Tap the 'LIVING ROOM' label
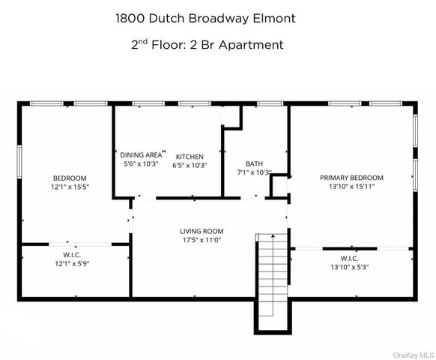pos(202,231)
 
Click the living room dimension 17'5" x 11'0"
pos(202,240)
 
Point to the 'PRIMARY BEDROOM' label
pos(351,178)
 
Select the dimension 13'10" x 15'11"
pos(351,187)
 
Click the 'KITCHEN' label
pos(190,156)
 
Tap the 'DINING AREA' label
pos(142,154)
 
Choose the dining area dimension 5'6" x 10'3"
pos(140,163)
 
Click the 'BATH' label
pos(254,163)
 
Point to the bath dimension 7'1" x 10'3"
pos(253,172)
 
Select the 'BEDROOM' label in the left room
pos(69,178)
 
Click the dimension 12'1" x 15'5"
pos(69,187)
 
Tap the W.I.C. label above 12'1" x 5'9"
pos(72,255)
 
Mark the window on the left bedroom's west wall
pos(19,161)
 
